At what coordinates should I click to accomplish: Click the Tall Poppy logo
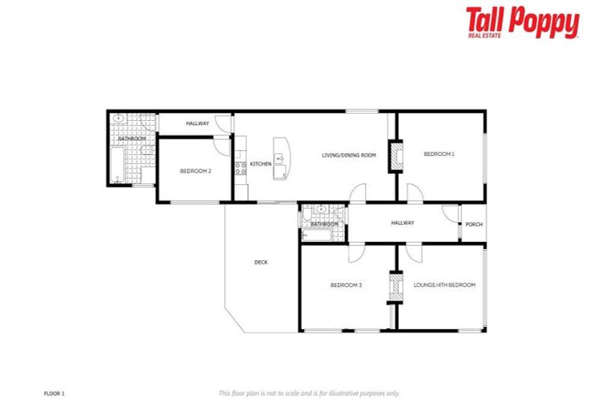pyautogui.click(x=522, y=22)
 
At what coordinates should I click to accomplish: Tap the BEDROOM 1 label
pyautogui.click(x=439, y=153)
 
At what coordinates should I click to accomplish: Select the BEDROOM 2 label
pyautogui.click(x=195, y=171)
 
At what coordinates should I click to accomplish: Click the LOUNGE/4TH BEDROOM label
pyautogui.click(x=444, y=285)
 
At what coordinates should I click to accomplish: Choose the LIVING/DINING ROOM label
pyautogui.click(x=348, y=155)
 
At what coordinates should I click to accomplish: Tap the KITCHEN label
pyautogui.click(x=260, y=164)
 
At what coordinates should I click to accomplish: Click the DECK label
pyautogui.click(x=260, y=263)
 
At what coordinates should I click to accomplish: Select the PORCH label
pyautogui.click(x=473, y=224)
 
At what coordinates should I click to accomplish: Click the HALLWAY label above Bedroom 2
pyautogui.click(x=197, y=123)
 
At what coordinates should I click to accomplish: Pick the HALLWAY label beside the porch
pyautogui.click(x=402, y=223)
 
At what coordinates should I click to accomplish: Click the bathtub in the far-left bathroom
pyautogui.click(x=117, y=167)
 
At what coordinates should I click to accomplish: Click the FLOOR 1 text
pyautogui.click(x=54, y=392)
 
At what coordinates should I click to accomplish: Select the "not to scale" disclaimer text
pyautogui.click(x=309, y=392)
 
